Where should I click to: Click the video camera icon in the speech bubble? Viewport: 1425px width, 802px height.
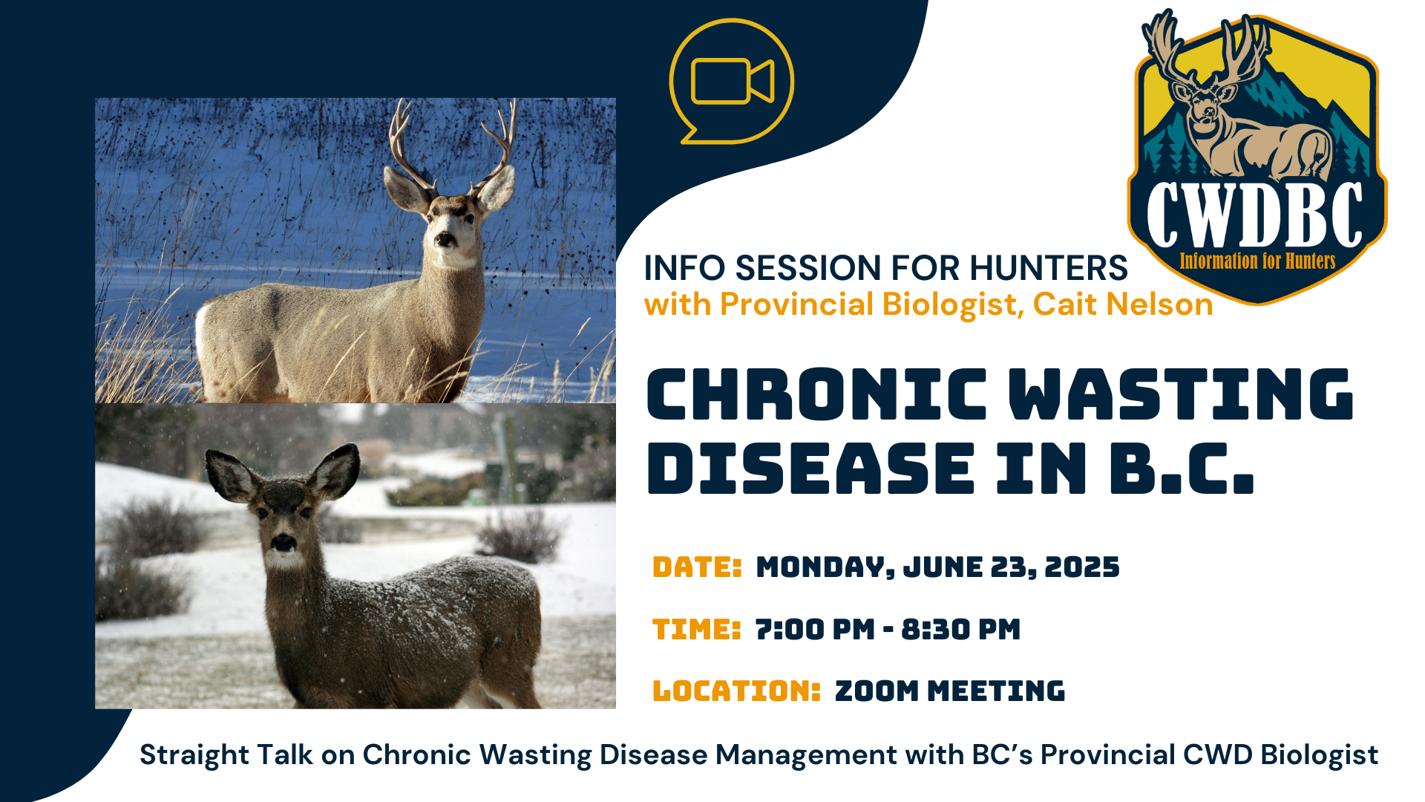point(733,81)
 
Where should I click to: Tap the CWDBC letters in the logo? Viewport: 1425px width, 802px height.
point(1255,215)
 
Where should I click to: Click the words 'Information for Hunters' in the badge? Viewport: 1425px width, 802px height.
point(1257,261)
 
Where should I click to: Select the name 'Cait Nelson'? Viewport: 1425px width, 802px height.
point(1123,304)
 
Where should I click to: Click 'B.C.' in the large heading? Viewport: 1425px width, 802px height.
point(1182,468)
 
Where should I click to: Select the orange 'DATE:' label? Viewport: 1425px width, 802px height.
point(697,567)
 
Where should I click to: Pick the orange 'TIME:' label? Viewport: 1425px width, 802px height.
point(696,630)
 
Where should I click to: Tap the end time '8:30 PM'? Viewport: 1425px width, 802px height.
point(961,630)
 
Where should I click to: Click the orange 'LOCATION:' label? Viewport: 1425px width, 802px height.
point(736,691)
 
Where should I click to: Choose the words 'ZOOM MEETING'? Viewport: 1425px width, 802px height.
point(950,691)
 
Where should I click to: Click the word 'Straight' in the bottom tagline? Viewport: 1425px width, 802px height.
point(189,756)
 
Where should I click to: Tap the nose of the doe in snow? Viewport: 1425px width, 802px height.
point(283,543)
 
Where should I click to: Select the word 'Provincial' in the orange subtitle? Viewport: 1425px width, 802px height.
point(797,304)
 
